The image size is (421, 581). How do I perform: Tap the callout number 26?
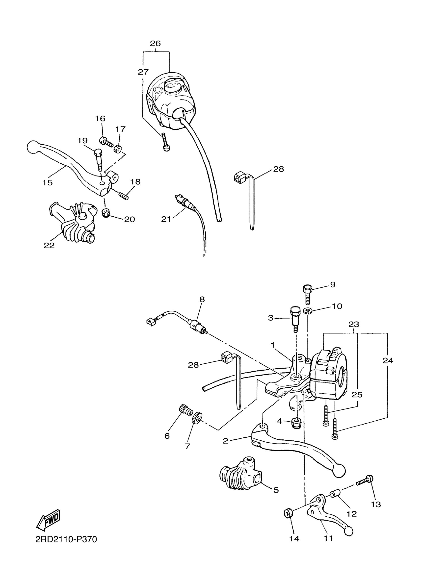(155, 43)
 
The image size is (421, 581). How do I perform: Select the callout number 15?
(48, 183)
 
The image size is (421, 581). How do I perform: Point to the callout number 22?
(49, 245)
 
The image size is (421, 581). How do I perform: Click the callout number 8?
(202, 299)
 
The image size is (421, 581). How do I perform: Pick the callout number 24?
(388, 361)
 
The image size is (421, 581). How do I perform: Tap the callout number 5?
(276, 490)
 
